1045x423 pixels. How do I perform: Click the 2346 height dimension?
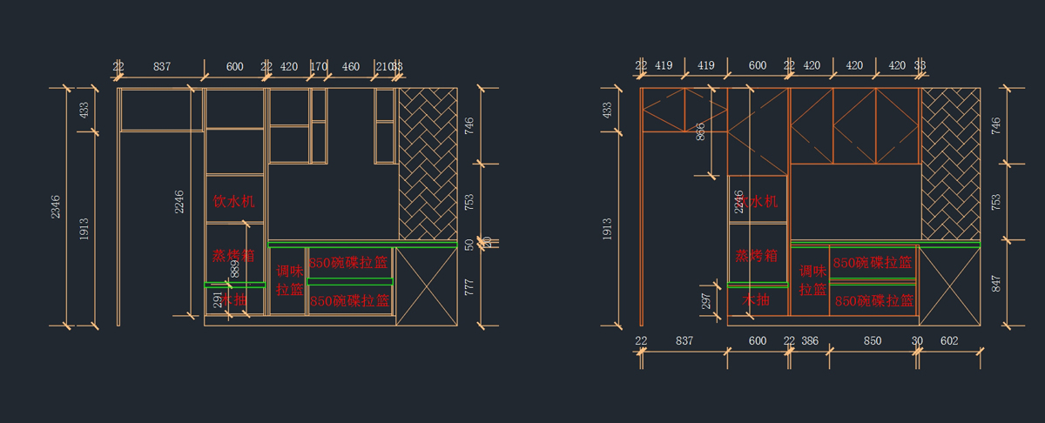coord(56,207)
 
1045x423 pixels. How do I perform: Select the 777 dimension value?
coord(469,287)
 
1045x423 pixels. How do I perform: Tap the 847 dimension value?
coord(996,285)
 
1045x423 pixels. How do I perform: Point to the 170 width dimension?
coord(320,66)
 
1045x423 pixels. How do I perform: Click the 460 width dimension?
coord(351,66)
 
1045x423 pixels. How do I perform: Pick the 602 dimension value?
coord(949,341)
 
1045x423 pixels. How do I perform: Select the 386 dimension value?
coord(810,341)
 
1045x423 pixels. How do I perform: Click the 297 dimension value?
coord(706,300)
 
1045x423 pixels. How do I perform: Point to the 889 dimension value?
coord(234,268)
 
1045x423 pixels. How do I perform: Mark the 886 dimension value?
coord(701,131)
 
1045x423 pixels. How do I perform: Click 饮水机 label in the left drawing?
coord(234,201)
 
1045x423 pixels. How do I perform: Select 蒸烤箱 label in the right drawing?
coord(757,256)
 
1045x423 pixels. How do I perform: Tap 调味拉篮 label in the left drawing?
coord(289,279)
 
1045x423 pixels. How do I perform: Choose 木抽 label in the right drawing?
coord(756,299)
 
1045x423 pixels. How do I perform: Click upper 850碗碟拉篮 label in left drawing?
coord(350,262)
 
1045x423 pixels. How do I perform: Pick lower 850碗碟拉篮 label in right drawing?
coord(873,300)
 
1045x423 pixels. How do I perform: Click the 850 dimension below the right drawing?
coord(872,341)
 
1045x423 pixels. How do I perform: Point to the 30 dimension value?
coord(917,341)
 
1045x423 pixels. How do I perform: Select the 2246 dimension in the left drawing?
coord(179,202)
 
